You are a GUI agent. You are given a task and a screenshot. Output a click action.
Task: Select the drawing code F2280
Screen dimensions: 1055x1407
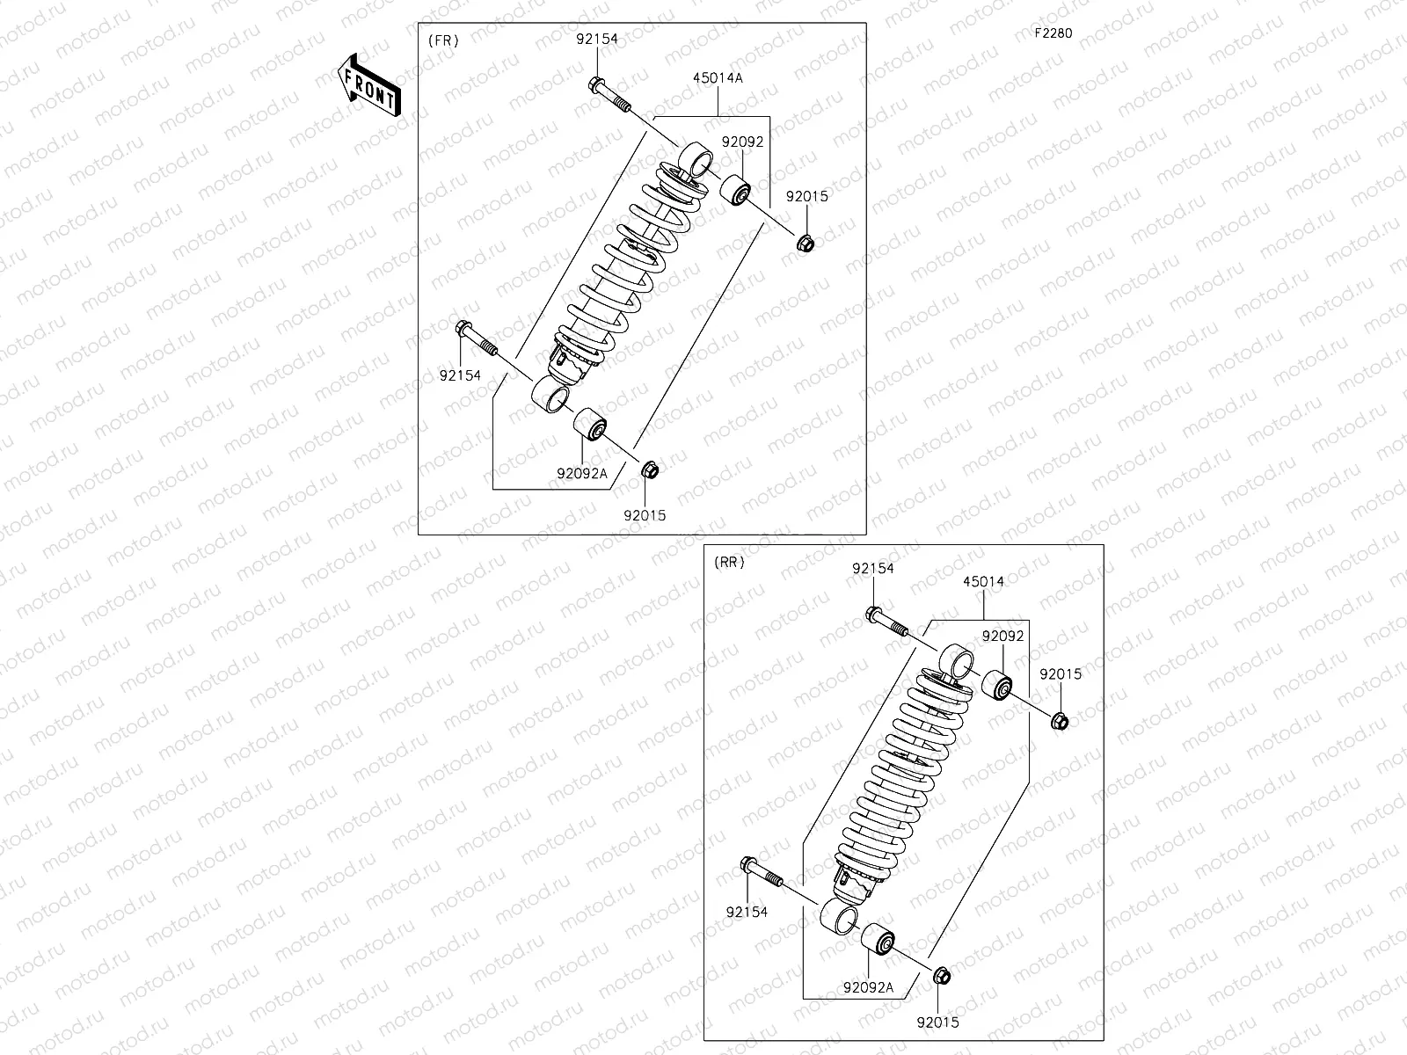(1053, 33)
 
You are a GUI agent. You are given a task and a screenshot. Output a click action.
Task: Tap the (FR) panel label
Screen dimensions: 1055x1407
(443, 40)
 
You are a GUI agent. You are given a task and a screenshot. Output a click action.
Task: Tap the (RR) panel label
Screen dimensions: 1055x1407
(730, 563)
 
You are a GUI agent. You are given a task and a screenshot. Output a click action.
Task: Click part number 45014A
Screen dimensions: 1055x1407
(718, 77)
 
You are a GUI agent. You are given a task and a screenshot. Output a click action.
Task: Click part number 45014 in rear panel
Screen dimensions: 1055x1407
(983, 581)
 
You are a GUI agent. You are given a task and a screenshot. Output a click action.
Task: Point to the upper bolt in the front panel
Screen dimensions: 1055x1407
(609, 96)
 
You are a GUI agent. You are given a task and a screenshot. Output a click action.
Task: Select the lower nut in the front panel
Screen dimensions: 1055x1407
(652, 469)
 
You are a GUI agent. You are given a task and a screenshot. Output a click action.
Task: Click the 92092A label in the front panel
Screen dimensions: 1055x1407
(581, 472)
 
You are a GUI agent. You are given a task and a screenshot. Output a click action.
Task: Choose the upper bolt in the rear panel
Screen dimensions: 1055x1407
(886, 622)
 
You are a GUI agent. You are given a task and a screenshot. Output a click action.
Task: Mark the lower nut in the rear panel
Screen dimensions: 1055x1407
(940, 976)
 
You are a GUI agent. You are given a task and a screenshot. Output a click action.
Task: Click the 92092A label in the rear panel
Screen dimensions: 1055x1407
(868, 987)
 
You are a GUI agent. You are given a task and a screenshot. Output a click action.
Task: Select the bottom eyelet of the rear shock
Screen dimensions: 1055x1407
(838, 918)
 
